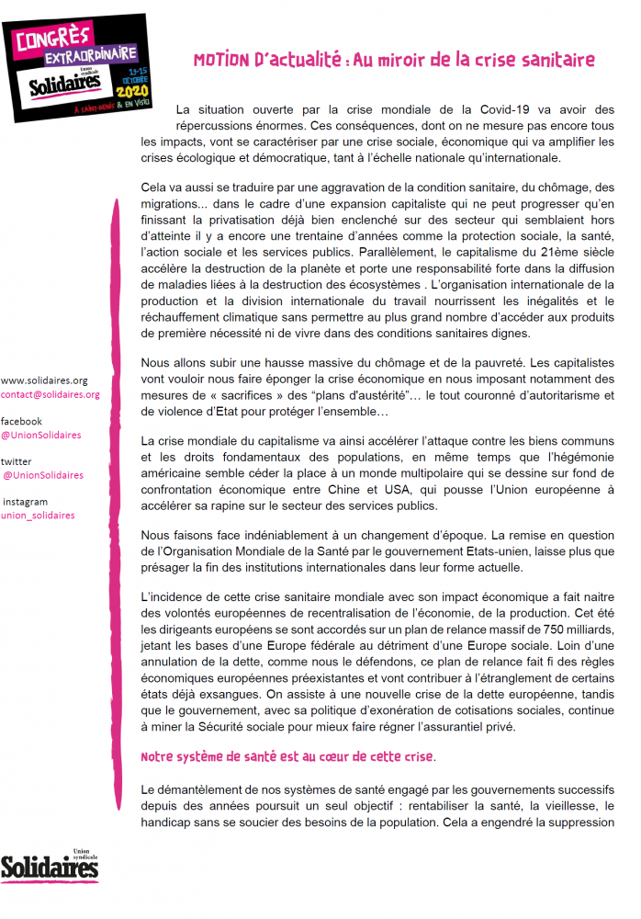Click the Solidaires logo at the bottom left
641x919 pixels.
point(50,865)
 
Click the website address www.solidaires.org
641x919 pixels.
point(45,380)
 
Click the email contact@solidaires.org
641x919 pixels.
point(51,394)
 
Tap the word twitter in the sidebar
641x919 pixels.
point(17,460)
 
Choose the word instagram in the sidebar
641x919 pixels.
point(25,502)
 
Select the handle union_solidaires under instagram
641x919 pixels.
point(39,516)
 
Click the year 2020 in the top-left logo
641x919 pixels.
point(132,92)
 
